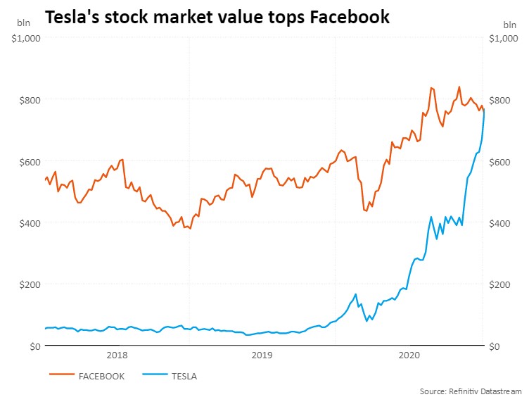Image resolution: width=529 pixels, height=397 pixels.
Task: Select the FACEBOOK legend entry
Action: tap(103, 376)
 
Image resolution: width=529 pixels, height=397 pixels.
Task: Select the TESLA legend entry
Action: tap(184, 376)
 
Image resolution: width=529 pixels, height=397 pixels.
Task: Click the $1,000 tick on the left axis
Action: tap(27, 38)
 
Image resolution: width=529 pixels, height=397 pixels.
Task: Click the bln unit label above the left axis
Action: tap(24, 23)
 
